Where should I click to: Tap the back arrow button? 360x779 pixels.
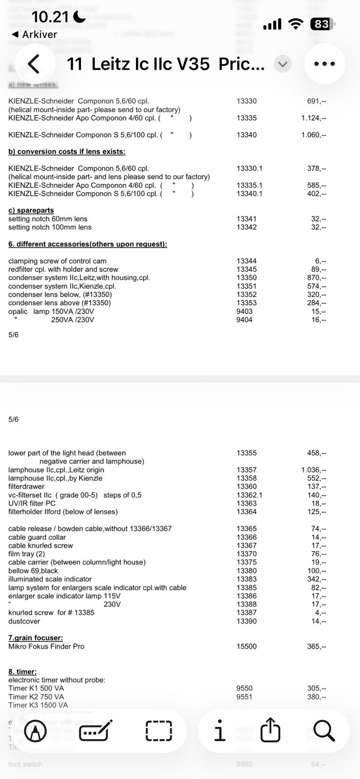tap(33, 64)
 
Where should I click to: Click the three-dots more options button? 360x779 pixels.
tap(324, 64)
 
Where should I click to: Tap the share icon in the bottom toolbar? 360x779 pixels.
tap(270, 730)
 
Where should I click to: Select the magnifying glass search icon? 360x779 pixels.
tap(323, 730)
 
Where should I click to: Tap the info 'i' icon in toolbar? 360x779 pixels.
tap(220, 730)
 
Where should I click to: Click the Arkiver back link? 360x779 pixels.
tap(34, 35)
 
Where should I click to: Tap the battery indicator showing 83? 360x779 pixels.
tap(322, 24)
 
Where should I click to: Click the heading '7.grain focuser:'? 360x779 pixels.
tap(36, 638)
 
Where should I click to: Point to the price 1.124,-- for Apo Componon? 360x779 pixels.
tap(313, 118)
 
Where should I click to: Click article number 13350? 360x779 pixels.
tap(246, 278)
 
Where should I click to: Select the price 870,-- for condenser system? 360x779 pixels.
tap(316, 278)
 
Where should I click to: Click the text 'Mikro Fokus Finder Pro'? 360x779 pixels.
tap(46, 646)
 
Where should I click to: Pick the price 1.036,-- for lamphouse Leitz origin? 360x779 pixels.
tap(313, 470)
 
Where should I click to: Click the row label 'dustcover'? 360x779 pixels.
tap(24, 621)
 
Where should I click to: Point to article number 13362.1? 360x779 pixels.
tap(249, 495)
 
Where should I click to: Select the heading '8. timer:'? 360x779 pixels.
tap(22, 671)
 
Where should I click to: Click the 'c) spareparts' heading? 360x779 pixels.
tap(31, 210)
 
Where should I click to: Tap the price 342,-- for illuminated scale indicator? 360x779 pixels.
tap(316, 579)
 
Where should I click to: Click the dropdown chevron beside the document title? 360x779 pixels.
tap(283, 64)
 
